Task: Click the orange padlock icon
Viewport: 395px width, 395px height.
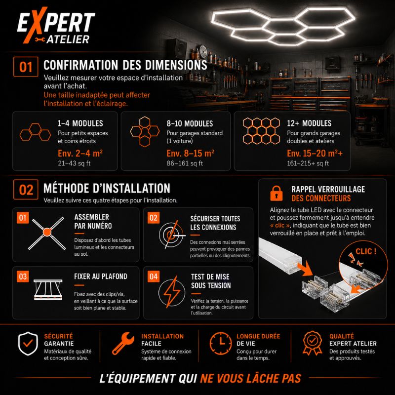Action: tap(276, 193)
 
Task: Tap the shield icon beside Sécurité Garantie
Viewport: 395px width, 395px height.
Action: tap(28, 344)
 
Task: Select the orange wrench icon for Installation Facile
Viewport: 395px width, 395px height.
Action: tap(123, 343)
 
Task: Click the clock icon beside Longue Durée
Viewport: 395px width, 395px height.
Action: tap(221, 343)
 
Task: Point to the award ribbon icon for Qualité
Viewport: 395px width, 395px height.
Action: tap(313, 343)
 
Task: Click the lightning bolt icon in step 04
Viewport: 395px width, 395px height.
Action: tap(172, 292)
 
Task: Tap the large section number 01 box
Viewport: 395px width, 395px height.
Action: tap(26, 67)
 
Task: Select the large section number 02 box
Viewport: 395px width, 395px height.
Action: tap(26, 190)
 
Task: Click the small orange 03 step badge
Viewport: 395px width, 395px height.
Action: tap(23, 276)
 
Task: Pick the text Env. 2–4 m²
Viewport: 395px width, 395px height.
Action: tap(80, 153)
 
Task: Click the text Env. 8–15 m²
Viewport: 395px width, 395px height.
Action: tap(190, 153)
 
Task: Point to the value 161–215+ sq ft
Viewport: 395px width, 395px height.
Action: tap(308, 163)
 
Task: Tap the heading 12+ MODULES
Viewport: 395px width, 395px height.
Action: tap(309, 123)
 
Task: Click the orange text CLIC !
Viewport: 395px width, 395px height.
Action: tap(366, 251)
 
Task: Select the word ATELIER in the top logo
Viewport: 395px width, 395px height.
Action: tap(68, 39)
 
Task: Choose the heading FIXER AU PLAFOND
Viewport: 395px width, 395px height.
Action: tap(101, 276)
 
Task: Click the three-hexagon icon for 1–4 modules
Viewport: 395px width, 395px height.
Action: tap(35, 132)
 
